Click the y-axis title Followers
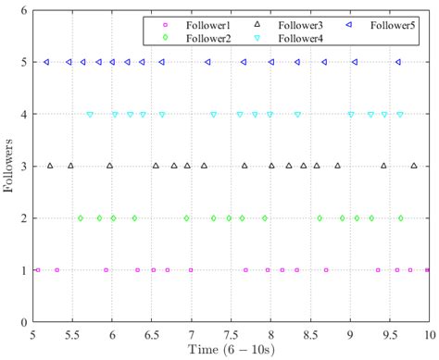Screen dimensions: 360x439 click(10, 167)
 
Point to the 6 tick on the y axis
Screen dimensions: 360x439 click(24, 10)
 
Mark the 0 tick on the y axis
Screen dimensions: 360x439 click(24, 323)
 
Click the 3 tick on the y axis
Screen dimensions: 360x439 click(24, 167)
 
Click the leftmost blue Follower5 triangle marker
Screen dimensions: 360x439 click(47, 63)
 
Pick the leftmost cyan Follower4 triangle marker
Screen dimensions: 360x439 click(90, 115)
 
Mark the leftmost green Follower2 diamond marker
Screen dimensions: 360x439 click(81, 218)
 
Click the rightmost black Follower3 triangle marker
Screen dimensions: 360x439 click(414, 167)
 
